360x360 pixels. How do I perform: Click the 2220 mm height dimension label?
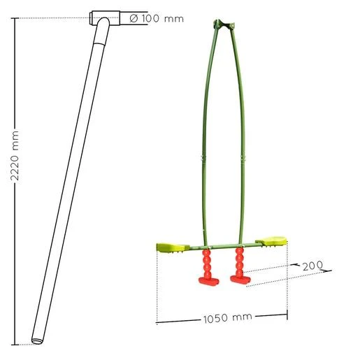pyautogui.click(x=15, y=156)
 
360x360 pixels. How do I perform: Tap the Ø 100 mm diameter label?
pyautogui.click(x=157, y=18)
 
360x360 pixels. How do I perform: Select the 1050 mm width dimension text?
pyautogui.click(x=228, y=318)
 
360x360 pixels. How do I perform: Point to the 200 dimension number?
pyautogui.click(x=313, y=266)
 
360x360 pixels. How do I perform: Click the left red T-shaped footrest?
pyautogui.click(x=209, y=281)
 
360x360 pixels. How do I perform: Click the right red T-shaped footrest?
pyautogui.click(x=240, y=280)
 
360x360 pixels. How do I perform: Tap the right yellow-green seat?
pyautogui.click(x=271, y=241)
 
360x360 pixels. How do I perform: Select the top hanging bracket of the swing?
pyautogui.click(x=224, y=24)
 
